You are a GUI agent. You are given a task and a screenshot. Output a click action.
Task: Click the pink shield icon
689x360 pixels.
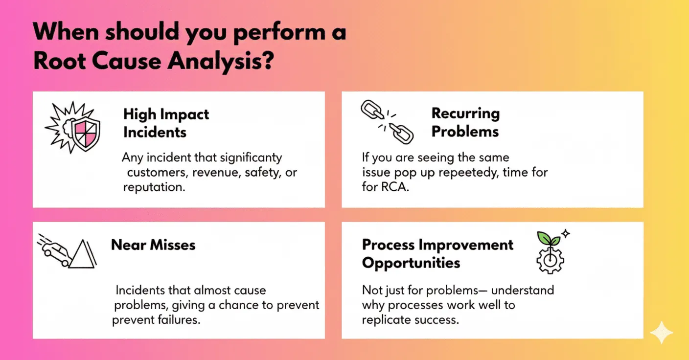(x=86, y=135)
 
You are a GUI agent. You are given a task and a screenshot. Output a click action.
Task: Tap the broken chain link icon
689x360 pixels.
(x=387, y=122)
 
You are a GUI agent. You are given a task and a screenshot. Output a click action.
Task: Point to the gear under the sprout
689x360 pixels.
(x=551, y=261)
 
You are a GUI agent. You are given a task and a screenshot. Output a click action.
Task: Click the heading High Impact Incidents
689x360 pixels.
(x=166, y=123)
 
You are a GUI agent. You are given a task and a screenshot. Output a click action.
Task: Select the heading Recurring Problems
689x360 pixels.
(x=465, y=122)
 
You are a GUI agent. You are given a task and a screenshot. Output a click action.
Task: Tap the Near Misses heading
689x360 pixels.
(x=153, y=245)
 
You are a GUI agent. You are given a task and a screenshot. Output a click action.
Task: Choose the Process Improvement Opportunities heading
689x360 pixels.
(x=437, y=254)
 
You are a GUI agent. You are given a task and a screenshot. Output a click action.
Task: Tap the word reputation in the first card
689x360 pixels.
(x=154, y=187)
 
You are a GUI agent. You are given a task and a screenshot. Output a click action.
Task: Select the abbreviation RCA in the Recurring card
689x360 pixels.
(x=395, y=187)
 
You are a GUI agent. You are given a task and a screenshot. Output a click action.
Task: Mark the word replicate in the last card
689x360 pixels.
(x=386, y=320)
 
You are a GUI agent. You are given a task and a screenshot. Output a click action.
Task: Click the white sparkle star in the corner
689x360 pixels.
(x=661, y=332)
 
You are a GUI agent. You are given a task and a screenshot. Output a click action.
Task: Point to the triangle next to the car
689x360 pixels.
(x=82, y=254)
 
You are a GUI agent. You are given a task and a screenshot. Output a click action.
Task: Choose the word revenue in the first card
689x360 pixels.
(x=216, y=173)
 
